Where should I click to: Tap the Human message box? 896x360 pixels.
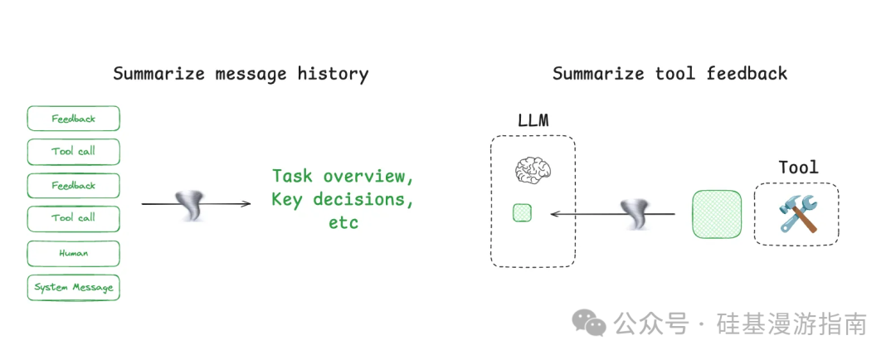click(x=73, y=253)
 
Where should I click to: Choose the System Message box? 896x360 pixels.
click(x=73, y=287)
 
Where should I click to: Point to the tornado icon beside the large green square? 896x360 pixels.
click(x=637, y=213)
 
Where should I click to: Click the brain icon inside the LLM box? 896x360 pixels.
click(x=533, y=171)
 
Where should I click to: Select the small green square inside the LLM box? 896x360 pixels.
click(x=522, y=212)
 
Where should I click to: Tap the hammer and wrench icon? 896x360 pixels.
click(x=796, y=213)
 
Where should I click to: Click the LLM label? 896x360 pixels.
click(x=533, y=121)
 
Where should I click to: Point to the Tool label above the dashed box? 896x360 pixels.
click(x=798, y=168)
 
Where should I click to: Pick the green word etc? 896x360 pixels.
click(x=343, y=223)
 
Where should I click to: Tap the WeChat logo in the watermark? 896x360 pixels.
click(x=591, y=323)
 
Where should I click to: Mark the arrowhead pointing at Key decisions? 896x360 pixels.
click(x=246, y=203)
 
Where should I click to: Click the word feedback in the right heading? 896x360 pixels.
click(x=747, y=74)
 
